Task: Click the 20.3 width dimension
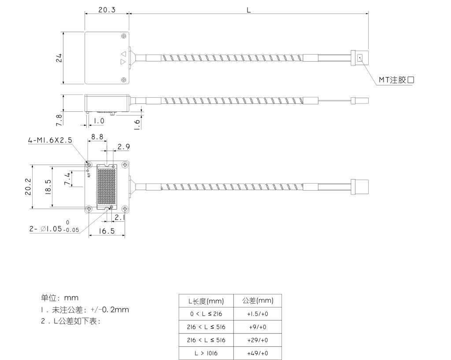[x=107, y=9]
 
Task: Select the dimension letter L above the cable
[x=249, y=9]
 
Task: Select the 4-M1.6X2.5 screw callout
[x=50, y=140]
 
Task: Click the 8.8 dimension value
[x=97, y=137]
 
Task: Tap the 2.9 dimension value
[x=123, y=147]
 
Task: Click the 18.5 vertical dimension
[x=48, y=187]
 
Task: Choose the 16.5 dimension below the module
[x=107, y=231]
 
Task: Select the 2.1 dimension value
[x=119, y=218]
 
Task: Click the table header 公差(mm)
[x=258, y=301]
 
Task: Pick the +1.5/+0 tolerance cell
[x=258, y=314]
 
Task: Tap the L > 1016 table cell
[x=206, y=353]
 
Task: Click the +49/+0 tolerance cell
[x=258, y=353]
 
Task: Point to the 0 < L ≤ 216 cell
[x=206, y=314]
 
